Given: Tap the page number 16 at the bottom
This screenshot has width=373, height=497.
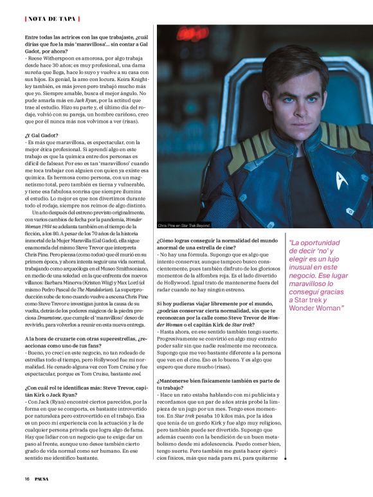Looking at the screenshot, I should point(27,478).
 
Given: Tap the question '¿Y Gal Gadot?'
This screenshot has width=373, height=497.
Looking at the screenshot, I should point(42,135).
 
